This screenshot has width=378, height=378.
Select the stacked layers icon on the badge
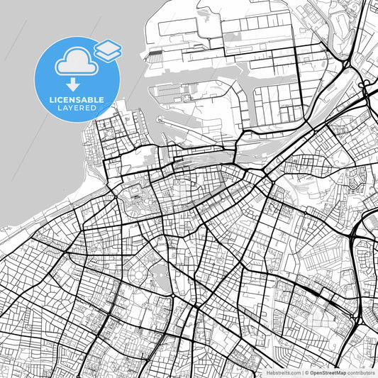(107, 50)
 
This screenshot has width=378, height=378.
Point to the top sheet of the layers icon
(107, 46)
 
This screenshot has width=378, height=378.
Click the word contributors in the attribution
(361, 372)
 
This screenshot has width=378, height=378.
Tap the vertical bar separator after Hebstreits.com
(301, 372)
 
